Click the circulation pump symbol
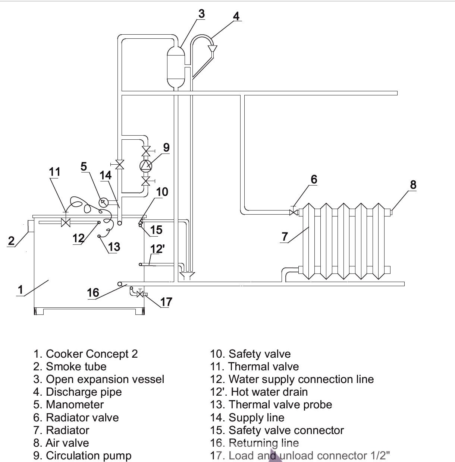[x=146, y=165]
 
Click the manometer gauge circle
[x=103, y=202]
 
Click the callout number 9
[x=166, y=148]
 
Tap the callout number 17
[x=166, y=301]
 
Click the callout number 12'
[x=157, y=249]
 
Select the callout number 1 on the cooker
[x=21, y=289]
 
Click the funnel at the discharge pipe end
[x=213, y=49]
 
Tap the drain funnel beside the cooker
[x=186, y=276]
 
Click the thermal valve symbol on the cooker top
[x=66, y=223]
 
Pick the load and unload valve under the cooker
[x=140, y=294]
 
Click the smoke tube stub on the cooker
[x=31, y=226]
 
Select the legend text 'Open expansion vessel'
[x=105, y=379]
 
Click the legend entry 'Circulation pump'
[x=88, y=455]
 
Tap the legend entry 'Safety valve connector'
[x=286, y=430]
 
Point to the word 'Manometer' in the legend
[x=75, y=405]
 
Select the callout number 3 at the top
[x=201, y=14]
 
